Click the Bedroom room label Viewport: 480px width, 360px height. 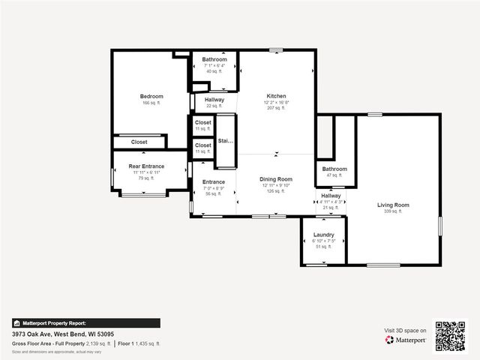(151, 96)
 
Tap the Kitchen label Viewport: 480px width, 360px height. (276, 96)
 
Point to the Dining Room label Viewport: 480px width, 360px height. (276, 179)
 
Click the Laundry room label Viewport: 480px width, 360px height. (323, 235)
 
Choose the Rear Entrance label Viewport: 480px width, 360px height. (146, 166)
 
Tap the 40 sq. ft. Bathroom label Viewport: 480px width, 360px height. (214, 60)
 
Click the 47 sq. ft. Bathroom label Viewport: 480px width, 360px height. (334, 169)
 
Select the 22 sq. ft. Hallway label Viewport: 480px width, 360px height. (214, 100)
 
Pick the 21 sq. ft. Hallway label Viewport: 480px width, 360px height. (331, 196)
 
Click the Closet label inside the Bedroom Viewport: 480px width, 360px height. (139, 142)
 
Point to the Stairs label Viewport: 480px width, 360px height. (226, 140)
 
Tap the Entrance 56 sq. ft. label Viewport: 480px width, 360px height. (214, 182)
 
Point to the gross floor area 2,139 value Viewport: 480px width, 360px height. (97, 343)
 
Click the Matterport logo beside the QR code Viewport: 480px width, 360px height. (406, 340)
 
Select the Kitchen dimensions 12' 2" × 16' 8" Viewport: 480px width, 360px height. (276, 102)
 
